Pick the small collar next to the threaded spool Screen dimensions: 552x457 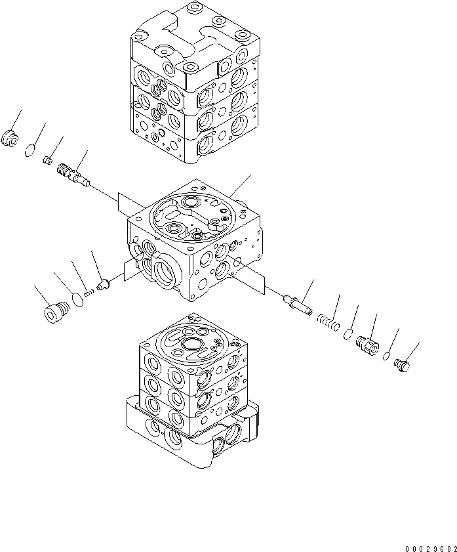47,159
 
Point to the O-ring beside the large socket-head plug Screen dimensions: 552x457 77,299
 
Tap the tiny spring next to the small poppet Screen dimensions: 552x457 90,293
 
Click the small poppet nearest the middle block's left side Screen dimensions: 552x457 102,285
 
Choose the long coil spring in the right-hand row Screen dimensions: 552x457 327,322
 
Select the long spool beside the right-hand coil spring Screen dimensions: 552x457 296,305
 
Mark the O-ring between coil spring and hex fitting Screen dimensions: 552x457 348,333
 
